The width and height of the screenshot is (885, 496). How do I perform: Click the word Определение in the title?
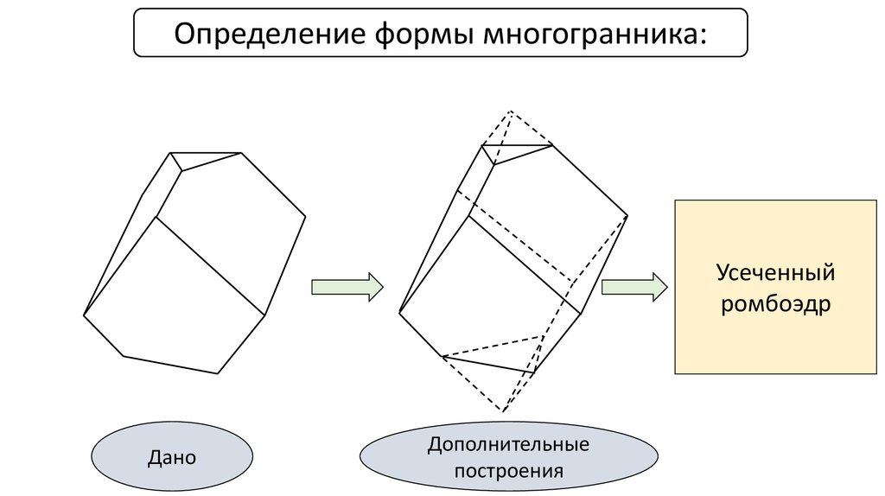(270, 35)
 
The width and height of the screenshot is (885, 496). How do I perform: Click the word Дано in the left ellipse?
(172, 457)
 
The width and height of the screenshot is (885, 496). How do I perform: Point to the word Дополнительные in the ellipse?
(508, 444)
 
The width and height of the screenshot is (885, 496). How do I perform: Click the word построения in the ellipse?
(508, 471)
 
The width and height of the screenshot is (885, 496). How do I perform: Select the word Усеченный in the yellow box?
(775, 273)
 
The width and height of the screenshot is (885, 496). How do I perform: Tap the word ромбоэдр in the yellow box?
(775, 305)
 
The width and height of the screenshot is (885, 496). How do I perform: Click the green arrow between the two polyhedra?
(347, 287)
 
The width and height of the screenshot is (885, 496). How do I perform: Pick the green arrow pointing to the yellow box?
(634, 287)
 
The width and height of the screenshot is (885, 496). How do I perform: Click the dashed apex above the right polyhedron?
(510, 111)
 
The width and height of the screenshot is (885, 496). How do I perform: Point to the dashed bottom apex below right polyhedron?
(503, 410)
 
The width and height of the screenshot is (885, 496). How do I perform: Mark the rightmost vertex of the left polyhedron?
(305, 216)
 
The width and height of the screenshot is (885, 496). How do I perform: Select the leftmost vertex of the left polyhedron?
(84, 315)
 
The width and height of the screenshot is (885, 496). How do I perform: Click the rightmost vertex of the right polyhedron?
(627, 215)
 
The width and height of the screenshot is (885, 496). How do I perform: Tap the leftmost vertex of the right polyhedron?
(399, 312)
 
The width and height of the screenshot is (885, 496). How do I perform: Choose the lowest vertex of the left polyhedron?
(218, 373)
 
